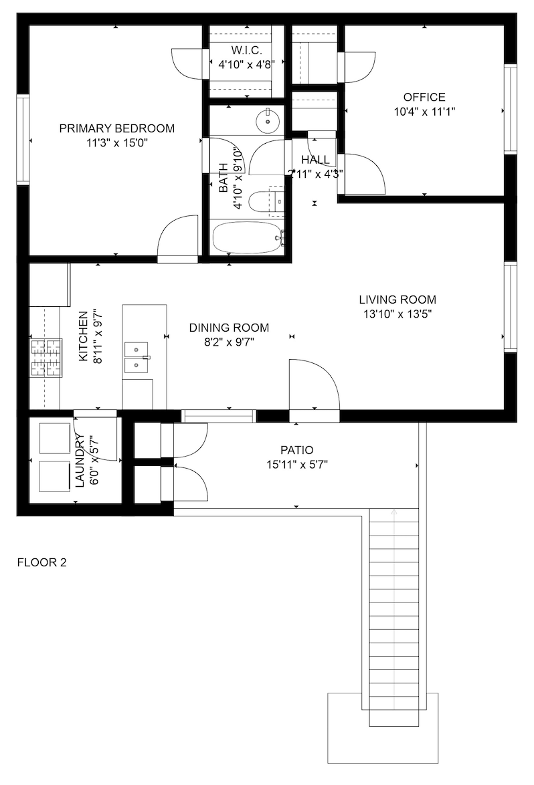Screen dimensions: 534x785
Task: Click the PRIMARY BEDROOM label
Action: [x=116, y=128]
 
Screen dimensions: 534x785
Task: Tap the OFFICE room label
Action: [x=424, y=97]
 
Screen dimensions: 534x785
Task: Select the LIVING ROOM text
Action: [x=397, y=300]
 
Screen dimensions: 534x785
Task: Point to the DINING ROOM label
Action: [x=229, y=328]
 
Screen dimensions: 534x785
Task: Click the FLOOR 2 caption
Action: [x=41, y=563]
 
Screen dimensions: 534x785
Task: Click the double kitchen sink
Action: [x=137, y=358]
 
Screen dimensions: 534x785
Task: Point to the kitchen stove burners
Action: [x=46, y=358]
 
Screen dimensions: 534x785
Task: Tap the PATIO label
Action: [x=297, y=451]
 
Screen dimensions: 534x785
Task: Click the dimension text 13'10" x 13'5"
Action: [x=397, y=314]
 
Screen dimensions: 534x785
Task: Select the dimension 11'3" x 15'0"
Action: [x=116, y=143]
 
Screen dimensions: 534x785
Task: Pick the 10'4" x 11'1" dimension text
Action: [x=424, y=112]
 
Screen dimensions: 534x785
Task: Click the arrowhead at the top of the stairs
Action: [x=393, y=512]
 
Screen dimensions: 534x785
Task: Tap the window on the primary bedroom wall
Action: [x=23, y=140]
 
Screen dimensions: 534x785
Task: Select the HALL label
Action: [x=316, y=160]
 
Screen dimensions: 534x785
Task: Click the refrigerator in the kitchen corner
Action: [x=50, y=284]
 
